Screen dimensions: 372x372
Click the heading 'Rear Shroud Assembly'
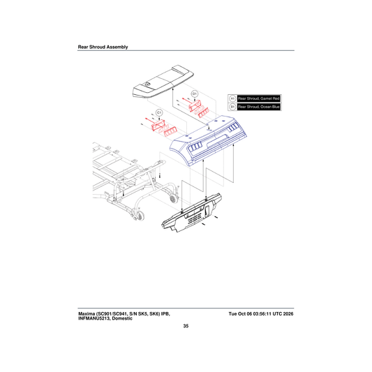coord(103,47)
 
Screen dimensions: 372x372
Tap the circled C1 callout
coord(159,112)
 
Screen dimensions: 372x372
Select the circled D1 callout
coord(195,94)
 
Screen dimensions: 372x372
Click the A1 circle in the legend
coord(232,98)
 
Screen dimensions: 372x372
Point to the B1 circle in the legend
coord(232,107)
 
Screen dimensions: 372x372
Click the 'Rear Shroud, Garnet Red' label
coord(259,98)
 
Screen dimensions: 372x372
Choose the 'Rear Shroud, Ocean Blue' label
coord(259,107)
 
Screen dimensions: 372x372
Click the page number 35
coord(186,326)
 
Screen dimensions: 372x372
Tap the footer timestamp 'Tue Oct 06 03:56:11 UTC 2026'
coord(261,313)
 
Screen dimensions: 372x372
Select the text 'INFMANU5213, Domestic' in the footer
coord(105,318)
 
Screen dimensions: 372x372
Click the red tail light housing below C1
coord(158,125)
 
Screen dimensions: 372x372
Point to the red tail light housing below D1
coord(195,105)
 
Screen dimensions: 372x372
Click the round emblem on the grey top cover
coord(147,84)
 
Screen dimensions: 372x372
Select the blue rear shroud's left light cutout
coord(195,146)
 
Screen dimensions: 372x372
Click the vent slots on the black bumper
coord(195,218)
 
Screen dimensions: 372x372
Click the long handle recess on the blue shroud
coord(218,141)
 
